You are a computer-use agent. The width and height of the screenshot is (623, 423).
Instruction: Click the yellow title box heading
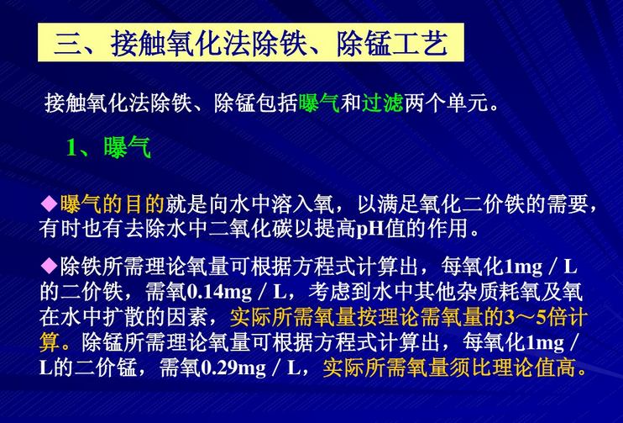[251, 42]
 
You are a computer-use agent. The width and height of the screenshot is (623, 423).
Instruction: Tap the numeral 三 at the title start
[69, 43]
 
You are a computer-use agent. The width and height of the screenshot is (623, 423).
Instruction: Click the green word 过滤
[383, 104]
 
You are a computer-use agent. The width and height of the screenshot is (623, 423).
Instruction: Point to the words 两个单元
[447, 104]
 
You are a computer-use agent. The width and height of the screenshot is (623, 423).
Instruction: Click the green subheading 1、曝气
[108, 149]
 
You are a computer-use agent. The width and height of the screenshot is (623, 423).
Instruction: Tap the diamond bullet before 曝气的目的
[50, 204]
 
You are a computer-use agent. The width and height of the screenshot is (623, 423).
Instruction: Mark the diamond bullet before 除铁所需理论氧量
[50, 268]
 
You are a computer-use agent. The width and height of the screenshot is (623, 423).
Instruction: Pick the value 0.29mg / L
[253, 369]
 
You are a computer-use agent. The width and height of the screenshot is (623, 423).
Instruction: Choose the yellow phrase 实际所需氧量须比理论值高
[449, 369]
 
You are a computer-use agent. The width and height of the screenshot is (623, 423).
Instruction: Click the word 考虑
[329, 293]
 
